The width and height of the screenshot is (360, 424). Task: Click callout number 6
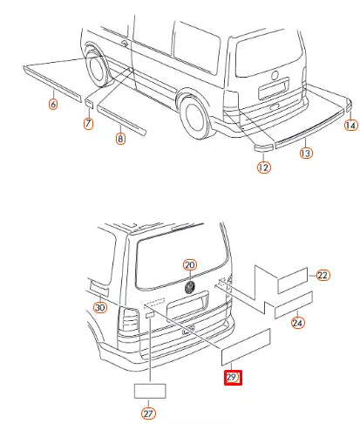click(x=53, y=104)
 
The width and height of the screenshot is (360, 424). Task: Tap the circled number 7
click(x=88, y=123)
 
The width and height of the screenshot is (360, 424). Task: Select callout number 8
click(x=120, y=138)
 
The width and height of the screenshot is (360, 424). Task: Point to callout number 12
click(x=263, y=168)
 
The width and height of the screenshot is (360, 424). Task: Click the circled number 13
click(x=306, y=153)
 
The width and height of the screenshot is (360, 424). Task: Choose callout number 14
click(x=350, y=125)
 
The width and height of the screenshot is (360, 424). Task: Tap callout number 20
click(x=190, y=265)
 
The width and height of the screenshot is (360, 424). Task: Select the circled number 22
click(x=323, y=275)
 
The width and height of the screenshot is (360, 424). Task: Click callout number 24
click(x=297, y=323)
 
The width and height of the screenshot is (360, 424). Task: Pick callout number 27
click(x=148, y=414)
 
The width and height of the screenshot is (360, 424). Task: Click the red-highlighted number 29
click(x=233, y=378)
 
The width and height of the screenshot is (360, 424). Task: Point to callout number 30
click(x=100, y=307)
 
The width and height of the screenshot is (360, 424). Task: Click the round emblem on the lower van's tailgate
click(x=190, y=287)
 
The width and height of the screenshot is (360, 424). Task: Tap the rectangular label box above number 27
click(x=150, y=391)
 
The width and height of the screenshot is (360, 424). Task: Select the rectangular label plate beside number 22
click(x=293, y=280)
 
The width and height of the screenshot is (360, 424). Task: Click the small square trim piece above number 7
click(x=89, y=103)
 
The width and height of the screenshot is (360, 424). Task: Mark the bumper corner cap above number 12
click(x=264, y=147)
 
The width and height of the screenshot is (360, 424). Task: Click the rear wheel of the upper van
click(x=194, y=117)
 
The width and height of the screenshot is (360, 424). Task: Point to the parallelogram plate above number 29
click(x=246, y=347)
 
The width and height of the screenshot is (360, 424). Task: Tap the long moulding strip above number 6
click(x=52, y=84)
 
